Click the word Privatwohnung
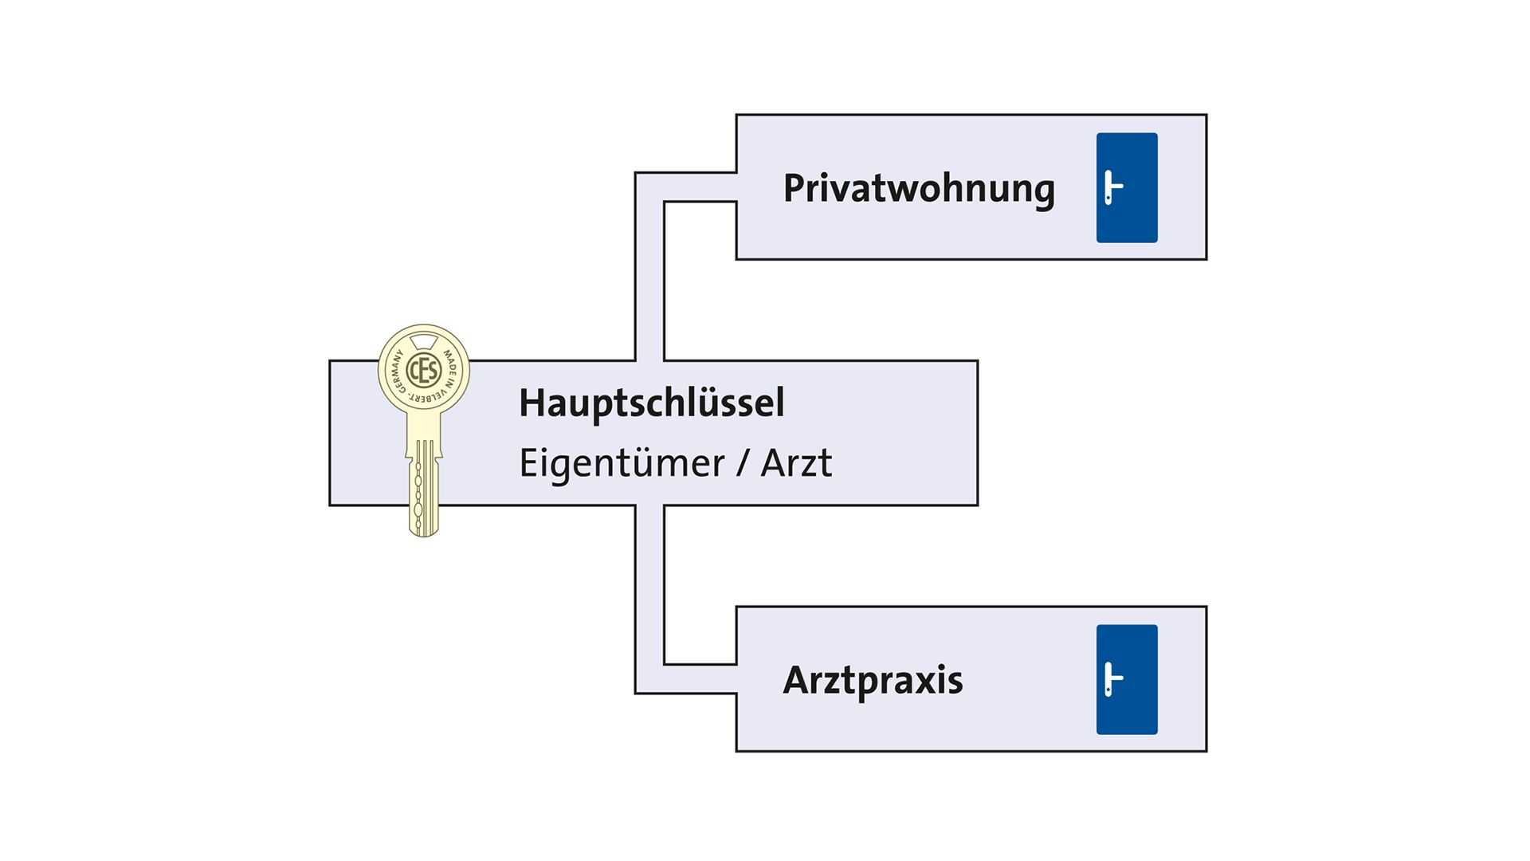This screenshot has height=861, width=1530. (x=919, y=190)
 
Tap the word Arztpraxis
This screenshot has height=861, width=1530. (x=873, y=681)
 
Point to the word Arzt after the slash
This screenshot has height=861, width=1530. (x=796, y=463)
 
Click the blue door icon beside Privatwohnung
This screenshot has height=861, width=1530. (x=1127, y=187)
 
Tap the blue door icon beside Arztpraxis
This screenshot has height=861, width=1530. (x=1127, y=679)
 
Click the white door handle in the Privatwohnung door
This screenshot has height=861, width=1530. (x=1112, y=187)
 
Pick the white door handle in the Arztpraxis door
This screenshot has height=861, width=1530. (x=1112, y=679)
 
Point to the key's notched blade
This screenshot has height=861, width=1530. (x=423, y=486)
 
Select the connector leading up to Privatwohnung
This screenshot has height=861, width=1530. (x=649, y=263)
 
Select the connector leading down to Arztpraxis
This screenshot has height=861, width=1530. (x=649, y=598)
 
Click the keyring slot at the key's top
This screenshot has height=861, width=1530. (x=423, y=341)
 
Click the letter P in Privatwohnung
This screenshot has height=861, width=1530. (x=794, y=188)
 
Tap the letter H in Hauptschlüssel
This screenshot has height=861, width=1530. (x=532, y=403)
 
